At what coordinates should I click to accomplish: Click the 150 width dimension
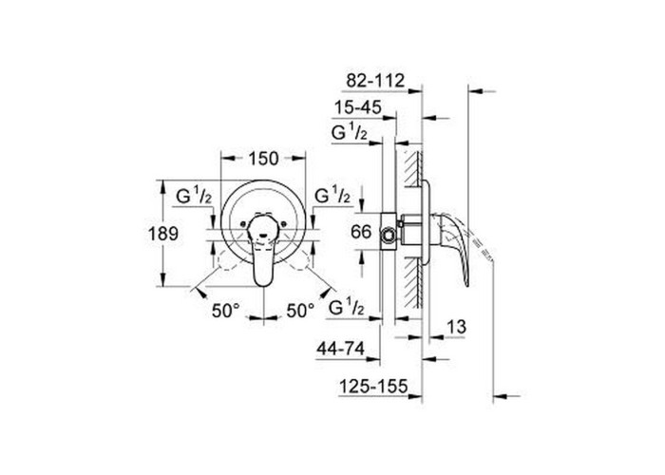[x=263, y=159]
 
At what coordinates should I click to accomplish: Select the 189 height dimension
[x=163, y=234]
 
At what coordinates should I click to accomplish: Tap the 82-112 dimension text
[x=375, y=80]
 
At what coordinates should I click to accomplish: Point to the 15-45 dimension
[x=358, y=107]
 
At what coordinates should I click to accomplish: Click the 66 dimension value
[x=361, y=232]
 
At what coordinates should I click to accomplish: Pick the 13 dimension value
[x=456, y=327]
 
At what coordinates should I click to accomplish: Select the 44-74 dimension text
[x=340, y=349]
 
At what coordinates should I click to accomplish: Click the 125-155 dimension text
[x=373, y=387]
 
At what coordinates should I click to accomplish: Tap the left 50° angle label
[x=226, y=311]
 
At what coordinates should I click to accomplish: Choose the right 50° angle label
[x=301, y=311]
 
